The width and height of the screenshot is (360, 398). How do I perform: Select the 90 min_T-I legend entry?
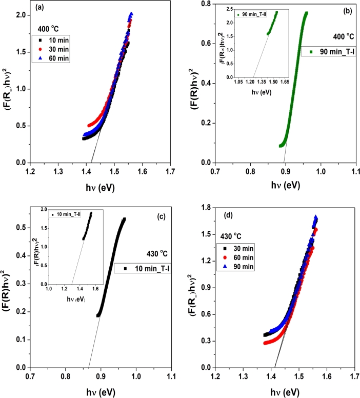pos(326,51)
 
